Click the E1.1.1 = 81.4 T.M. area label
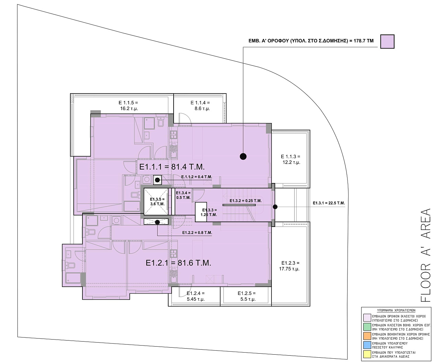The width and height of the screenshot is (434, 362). (172, 167)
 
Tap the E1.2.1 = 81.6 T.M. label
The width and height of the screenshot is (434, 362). (178, 263)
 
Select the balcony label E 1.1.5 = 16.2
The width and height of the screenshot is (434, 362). (129, 106)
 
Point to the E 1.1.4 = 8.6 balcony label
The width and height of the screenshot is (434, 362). (200, 106)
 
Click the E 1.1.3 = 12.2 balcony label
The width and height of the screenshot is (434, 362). (291, 159)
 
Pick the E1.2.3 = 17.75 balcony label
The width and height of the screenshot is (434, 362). (289, 266)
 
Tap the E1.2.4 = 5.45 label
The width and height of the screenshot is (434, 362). (196, 296)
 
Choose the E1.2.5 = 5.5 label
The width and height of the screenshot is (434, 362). (247, 296)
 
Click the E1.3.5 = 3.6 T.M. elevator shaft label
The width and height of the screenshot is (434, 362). (157, 201)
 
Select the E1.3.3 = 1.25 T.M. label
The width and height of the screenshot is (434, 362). (209, 212)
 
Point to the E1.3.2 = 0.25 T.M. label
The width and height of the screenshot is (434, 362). (245, 201)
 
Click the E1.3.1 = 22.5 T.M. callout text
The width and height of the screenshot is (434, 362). (329, 203)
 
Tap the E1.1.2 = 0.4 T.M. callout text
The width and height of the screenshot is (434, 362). (197, 177)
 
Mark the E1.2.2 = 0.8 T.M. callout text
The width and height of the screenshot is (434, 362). (197, 233)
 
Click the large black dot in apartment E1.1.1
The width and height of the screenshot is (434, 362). (243, 156)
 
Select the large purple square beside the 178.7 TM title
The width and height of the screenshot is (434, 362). (387, 42)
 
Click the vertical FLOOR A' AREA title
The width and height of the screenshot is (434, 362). (425, 255)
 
